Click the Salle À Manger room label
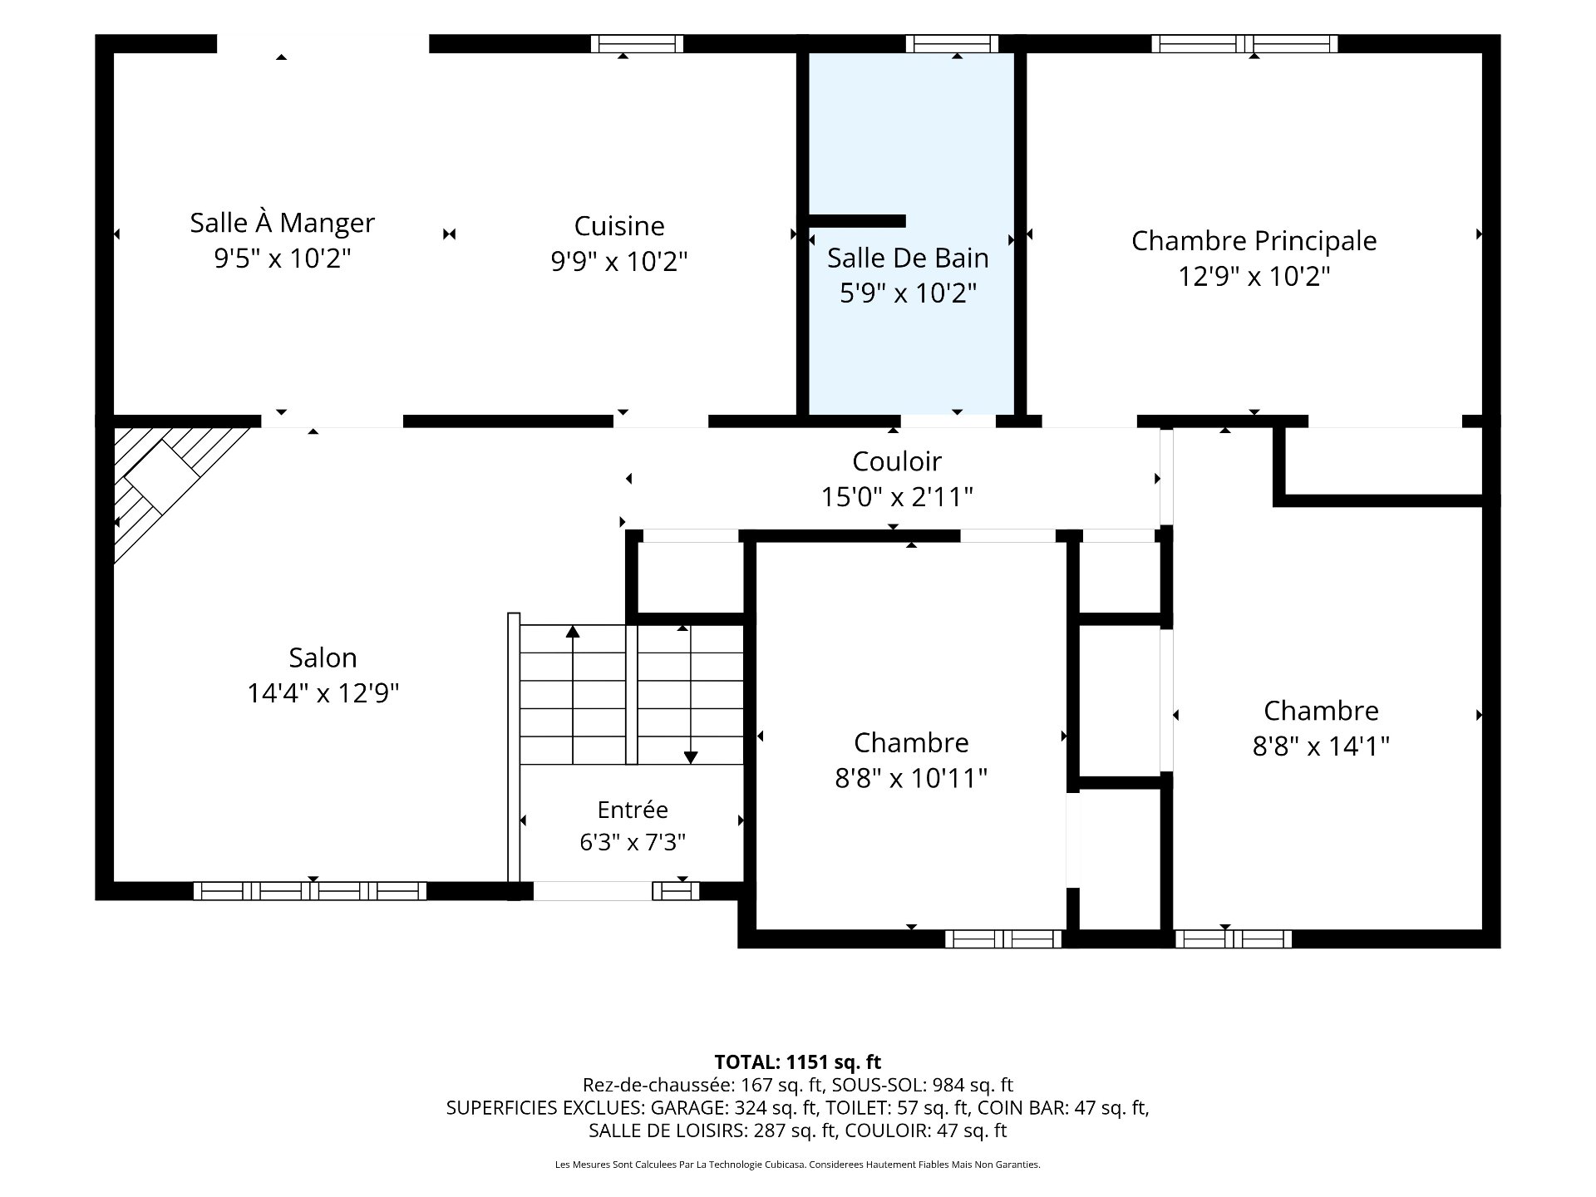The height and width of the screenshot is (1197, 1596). pyautogui.click(x=283, y=223)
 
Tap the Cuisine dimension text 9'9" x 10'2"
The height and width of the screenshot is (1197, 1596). pyautogui.click(x=619, y=262)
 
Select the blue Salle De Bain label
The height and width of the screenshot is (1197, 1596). pyautogui.click(x=908, y=258)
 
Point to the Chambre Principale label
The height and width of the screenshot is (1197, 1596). pyautogui.click(x=1254, y=241)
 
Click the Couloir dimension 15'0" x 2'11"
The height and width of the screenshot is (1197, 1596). pyautogui.click(x=897, y=497)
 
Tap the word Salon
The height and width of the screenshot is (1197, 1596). pyautogui.click(x=323, y=658)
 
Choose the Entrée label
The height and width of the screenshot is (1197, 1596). pyautogui.click(x=633, y=810)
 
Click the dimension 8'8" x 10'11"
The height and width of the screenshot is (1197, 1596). pyautogui.click(x=911, y=779)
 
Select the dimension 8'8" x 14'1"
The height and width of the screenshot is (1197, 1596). pyautogui.click(x=1321, y=746)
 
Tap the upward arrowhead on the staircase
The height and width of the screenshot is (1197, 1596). pyautogui.click(x=573, y=632)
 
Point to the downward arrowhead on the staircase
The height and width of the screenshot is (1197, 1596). pyautogui.click(x=691, y=757)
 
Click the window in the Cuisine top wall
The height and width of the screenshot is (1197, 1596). pyautogui.click(x=637, y=44)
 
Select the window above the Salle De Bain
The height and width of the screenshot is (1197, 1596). pyautogui.click(x=952, y=44)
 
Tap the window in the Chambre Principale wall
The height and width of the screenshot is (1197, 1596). pyautogui.click(x=1244, y=44)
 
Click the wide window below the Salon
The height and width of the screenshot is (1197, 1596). pyautogui.click(x=310, y=891)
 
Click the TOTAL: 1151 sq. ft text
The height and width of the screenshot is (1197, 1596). pyautogui.click(x=798, y=1062)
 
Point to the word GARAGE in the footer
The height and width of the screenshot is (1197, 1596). pyautogui.click(x=685, y=1107)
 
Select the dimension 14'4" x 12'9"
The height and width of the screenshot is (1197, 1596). pyautogui.click(x=323, y=693)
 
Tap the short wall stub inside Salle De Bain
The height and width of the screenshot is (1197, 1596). pyautogui.click(x=857, y=221)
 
